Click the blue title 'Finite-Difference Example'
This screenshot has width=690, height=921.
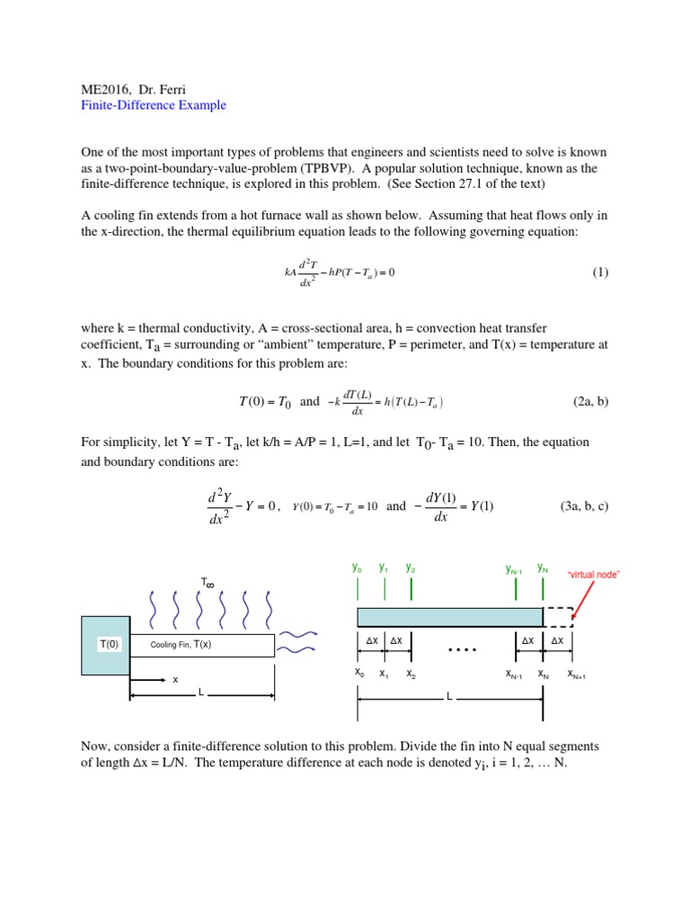154,105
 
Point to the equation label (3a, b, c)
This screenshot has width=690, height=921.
583,506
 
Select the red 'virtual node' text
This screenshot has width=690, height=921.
594,574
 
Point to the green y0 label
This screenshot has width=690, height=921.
358,568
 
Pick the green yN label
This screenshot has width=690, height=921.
543,568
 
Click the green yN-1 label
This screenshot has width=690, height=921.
515,569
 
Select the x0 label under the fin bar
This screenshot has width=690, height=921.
359,673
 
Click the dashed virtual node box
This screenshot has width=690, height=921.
558,617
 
